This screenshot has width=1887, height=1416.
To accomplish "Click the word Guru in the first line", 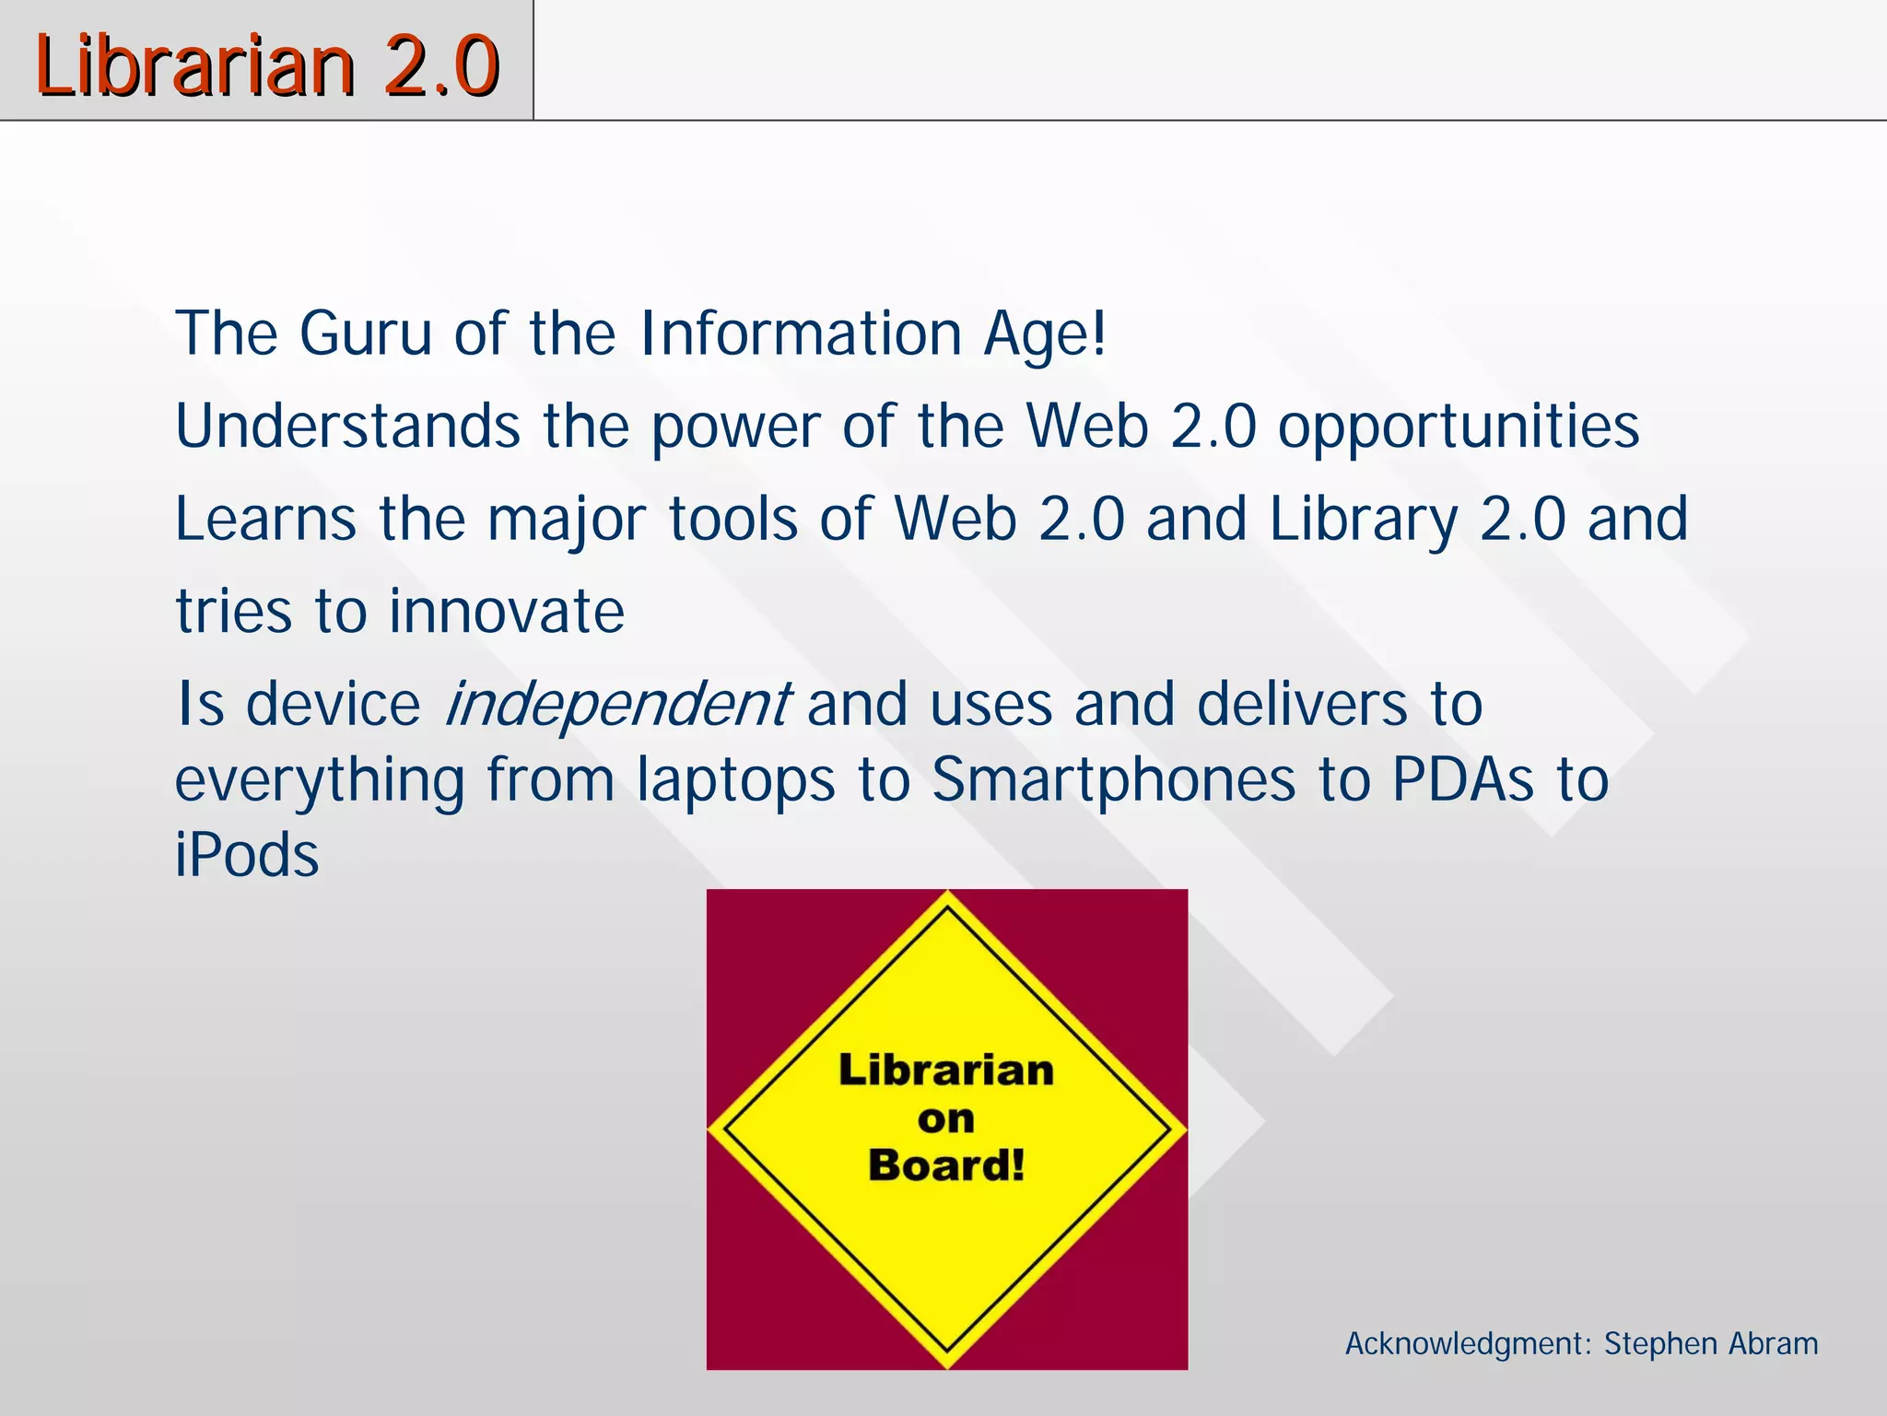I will point(365,333).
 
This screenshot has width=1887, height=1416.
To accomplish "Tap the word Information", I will point(801,333).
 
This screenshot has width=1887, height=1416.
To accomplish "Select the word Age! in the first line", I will point(1044,334).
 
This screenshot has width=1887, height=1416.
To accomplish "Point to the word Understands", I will point(348,426).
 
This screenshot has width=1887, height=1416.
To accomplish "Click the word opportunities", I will point(1458,427).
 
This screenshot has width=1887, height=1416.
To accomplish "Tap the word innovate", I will point(507,612).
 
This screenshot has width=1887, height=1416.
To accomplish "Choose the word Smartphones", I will point(1113,781).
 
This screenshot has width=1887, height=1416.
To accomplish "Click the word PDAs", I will point(1462,780).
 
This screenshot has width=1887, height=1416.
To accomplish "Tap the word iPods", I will point(247,855).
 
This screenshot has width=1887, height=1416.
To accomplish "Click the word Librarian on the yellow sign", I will point(946,1071).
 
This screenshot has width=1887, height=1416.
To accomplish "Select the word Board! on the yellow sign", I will point(946,1165).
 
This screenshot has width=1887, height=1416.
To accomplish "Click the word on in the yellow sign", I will point(946,1119).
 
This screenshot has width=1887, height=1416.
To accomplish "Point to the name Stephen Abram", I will point(1711,1343).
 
